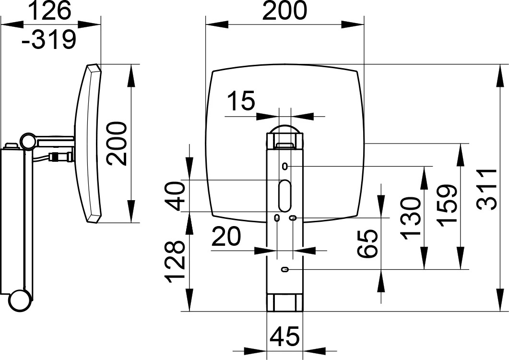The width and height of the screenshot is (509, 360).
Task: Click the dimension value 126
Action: [50, 11]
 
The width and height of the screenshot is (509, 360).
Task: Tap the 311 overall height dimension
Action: [487, 189]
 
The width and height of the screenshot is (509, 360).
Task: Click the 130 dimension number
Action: [410, 218]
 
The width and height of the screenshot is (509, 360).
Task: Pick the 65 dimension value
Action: [367, 244]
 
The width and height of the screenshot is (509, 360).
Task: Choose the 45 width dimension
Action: [284, 336]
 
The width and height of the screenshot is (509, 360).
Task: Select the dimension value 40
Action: [174, 196]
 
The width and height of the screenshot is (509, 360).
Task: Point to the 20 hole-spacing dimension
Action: [226, 236]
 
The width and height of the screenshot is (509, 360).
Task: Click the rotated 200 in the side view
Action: [117, 144]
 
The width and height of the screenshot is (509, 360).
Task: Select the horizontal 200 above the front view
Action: [284, 11]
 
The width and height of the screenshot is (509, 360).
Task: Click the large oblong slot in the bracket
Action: [285, 195]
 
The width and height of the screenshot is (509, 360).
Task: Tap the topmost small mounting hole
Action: [285, 166]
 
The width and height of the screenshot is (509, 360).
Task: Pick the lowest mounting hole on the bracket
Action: [285, 269]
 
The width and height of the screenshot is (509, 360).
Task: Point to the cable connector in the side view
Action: [60, 156]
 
